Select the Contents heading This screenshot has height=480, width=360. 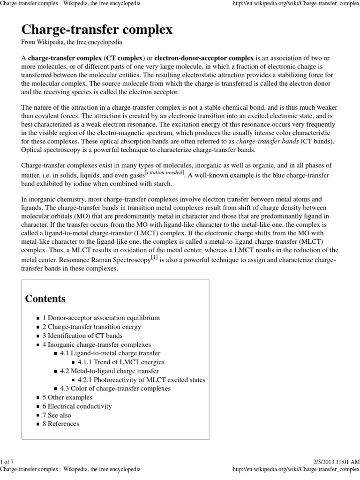point(45,299)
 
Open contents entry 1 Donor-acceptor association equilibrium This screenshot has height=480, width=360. point(101,317)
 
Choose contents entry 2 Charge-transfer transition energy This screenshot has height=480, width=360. point(92,327)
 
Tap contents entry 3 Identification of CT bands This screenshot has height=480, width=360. point(82,336)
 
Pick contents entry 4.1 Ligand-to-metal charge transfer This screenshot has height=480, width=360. point(110,353)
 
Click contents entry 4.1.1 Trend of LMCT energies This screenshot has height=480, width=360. point(121,362)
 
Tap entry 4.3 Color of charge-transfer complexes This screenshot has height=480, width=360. point(115,389)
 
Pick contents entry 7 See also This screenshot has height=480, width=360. point(57,415)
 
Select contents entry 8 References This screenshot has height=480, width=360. point(61,424)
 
